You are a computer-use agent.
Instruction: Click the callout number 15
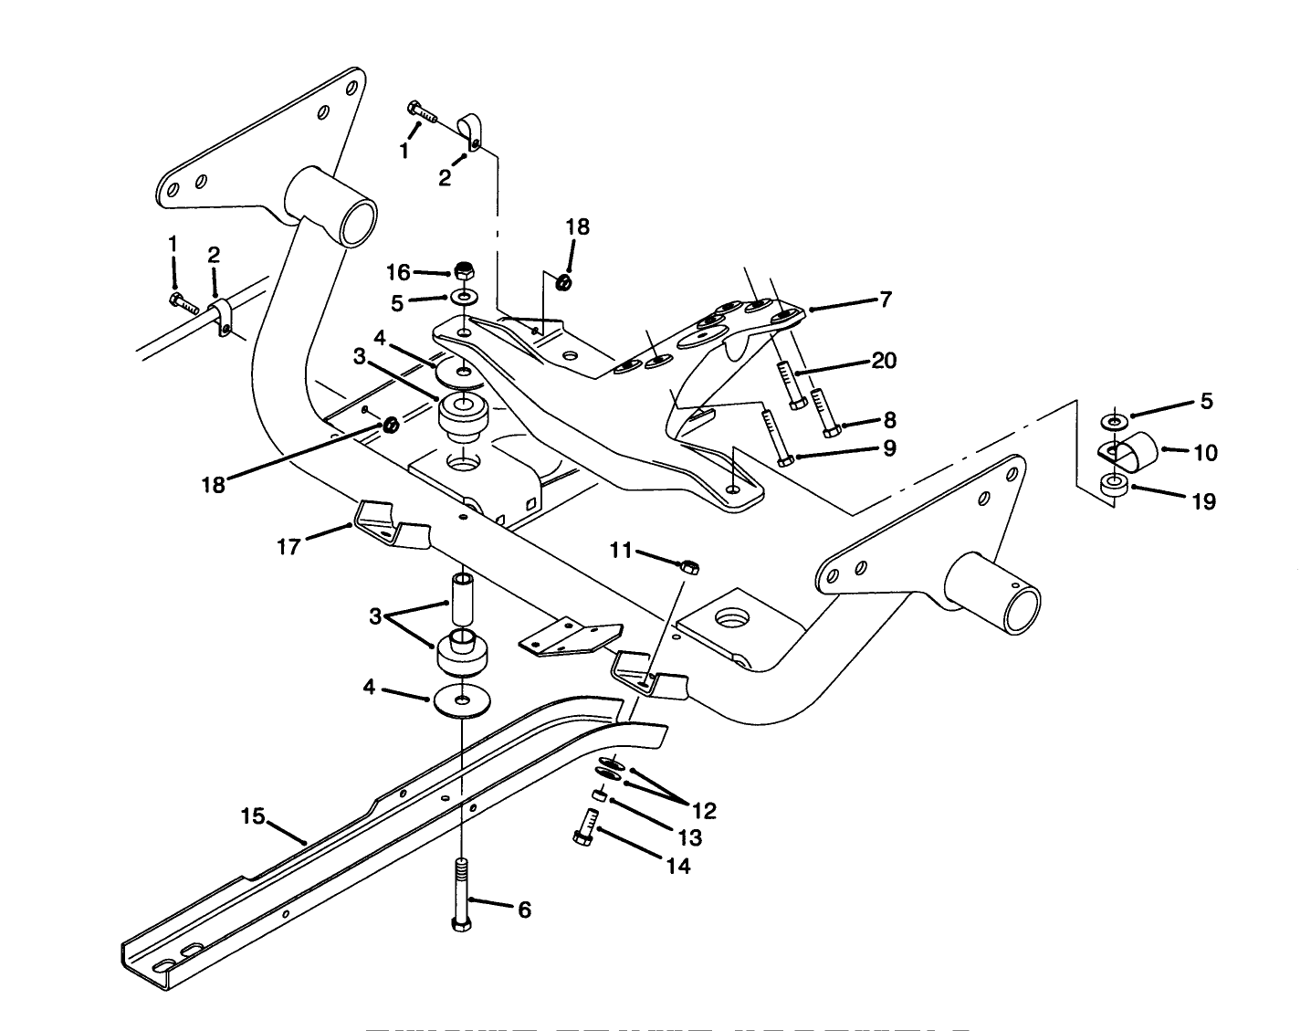(253, 815)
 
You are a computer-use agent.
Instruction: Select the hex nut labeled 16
(463, 272)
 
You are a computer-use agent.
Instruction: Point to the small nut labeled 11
(690, 567)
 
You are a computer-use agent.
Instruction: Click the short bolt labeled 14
(584, 830)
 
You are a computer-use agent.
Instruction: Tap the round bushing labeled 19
(1113, 486)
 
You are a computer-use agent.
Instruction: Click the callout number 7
(885, 299)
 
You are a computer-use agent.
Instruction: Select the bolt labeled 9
(774, 437)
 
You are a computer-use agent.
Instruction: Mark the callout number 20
(884, 361)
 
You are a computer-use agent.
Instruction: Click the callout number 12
(704, 810)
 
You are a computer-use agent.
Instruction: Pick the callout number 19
(1204, 500)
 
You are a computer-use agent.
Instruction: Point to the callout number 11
(621, 550)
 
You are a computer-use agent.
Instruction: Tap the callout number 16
(398, 272)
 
